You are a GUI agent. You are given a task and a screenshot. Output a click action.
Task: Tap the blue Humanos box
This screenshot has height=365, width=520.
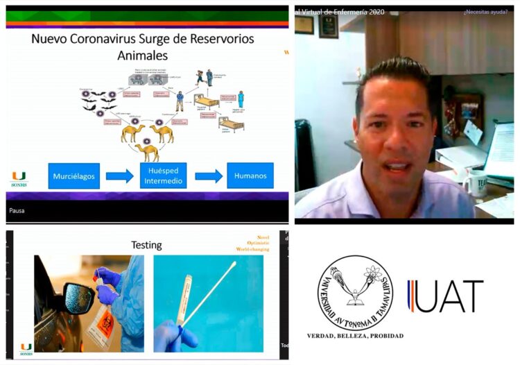(250, 176)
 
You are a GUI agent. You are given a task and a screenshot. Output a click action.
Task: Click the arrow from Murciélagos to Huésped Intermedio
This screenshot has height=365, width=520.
(119, 176)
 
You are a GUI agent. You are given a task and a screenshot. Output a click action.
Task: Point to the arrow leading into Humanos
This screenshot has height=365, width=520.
(209, 176)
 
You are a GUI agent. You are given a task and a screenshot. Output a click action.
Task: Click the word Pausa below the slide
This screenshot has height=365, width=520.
(17, 210)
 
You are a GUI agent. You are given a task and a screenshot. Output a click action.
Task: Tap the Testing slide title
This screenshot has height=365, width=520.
(146, 245)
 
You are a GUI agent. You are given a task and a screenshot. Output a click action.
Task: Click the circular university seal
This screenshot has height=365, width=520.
(354, 293)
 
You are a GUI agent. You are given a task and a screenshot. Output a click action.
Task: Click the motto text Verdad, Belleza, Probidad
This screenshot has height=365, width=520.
(355, 336)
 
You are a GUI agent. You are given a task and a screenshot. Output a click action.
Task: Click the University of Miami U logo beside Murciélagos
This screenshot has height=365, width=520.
(19, 176)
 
